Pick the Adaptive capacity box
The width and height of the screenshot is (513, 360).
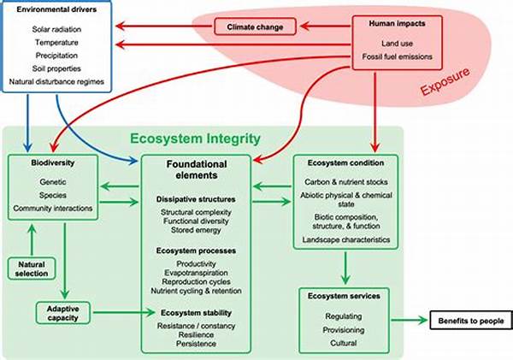[x=63, y=313]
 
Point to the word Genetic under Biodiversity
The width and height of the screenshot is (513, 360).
[x=53, y=181]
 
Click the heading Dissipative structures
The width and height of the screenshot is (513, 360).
[x=196, y=199]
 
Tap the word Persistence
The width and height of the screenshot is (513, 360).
[x=196, y=345]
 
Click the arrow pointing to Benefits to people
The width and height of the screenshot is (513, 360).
[x=415, y=319]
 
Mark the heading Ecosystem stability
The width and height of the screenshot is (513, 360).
[x=196, y=313]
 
